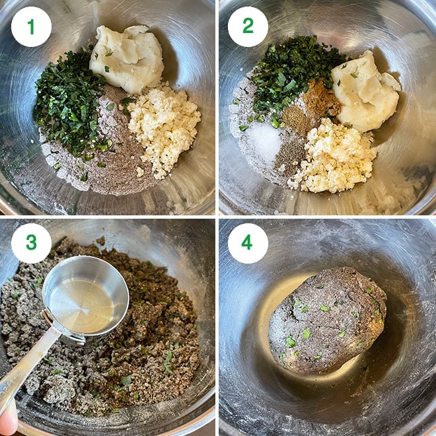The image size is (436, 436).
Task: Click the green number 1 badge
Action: point(31,26)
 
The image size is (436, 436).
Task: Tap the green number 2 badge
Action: point(248,26)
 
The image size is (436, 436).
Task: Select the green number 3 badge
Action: point(31,243)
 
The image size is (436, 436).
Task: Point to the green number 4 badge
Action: point(248,243)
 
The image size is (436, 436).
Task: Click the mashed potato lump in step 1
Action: point(127,58)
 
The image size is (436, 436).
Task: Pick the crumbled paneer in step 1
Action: point(164,128)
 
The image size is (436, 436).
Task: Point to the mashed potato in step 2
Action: point(367,92)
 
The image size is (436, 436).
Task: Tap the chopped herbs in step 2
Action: point(292,75)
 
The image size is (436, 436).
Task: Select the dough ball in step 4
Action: point(327,320)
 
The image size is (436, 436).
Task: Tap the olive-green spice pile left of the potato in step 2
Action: point(295,120)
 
